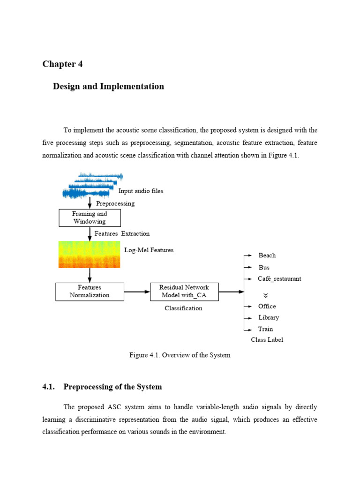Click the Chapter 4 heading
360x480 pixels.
coord(62,64)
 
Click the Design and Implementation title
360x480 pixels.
coord(108,86)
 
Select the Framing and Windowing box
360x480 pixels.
coord(90,217)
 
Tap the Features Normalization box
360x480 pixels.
coord(90,291)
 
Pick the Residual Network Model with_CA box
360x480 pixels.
coord(184,291)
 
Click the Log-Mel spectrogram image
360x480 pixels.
coord(89,255)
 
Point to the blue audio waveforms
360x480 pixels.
coord(91,186)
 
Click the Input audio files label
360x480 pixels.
coord(141,191)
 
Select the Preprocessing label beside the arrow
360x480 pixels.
coord(115,203)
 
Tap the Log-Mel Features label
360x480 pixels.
coord(149,250)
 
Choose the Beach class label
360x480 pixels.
coord(267,255)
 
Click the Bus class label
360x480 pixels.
coord(264,267)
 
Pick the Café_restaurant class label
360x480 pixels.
coord(279,278)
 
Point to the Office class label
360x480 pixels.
coord(267,306)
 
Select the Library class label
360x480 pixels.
coord(269,317)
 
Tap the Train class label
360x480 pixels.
coord(265,329)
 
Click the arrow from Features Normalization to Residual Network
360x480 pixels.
coord(137,292)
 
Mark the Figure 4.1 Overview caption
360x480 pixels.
coord(180,355)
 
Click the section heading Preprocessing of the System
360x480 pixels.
coord(112,387)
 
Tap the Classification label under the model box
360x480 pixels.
coord(183,308)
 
